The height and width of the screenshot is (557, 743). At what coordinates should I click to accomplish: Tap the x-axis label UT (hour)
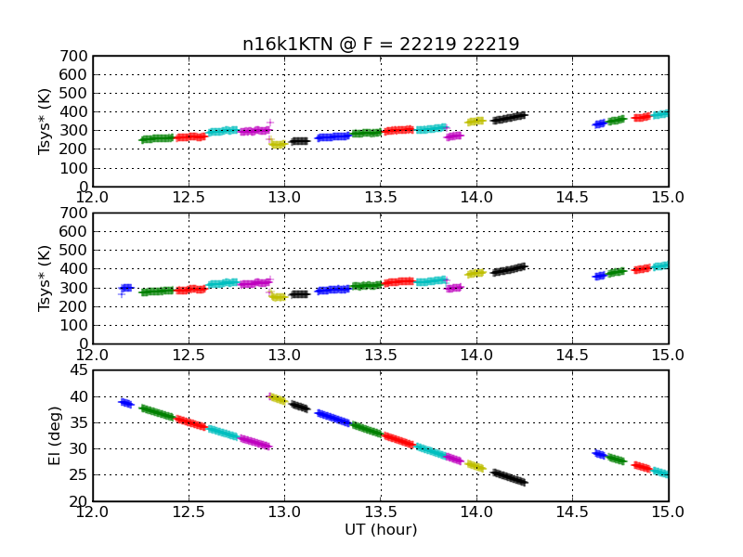click(381, 529)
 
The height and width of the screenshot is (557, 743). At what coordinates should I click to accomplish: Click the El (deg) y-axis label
click(55, 435)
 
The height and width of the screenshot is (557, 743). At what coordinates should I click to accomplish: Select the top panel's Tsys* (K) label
click(44, 122)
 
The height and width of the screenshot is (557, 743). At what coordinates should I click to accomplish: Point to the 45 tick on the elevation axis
click(79, 369)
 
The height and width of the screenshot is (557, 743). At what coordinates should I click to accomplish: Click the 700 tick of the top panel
click(73, 56)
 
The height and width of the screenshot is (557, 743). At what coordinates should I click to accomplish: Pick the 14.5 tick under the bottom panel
click(572, 512)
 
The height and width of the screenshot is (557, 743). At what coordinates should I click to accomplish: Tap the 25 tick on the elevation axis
click(79, 474)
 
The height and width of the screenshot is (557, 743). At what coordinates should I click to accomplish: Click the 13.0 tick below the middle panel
click(284, 356)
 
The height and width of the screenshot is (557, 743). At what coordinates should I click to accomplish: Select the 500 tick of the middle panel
click(73, 250)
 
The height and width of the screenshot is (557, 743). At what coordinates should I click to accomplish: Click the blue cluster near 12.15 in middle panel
click(125, 288)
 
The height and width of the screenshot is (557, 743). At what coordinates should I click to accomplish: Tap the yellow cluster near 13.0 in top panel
click(278, 144)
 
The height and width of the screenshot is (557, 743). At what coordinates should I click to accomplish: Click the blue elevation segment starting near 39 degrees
click(126, 403)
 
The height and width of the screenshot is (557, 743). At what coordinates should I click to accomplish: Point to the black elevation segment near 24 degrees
click(509, 477)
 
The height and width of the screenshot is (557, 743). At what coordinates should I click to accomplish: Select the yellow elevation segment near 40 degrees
click(278, 399)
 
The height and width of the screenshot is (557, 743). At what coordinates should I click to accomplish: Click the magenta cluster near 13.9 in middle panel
click(454, 288)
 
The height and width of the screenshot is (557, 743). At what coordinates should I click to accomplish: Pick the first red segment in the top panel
click(190, 137)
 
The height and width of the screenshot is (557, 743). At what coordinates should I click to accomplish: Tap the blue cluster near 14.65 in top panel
click(599, 124)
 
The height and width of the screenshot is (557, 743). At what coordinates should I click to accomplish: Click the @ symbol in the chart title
click(347, 45)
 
